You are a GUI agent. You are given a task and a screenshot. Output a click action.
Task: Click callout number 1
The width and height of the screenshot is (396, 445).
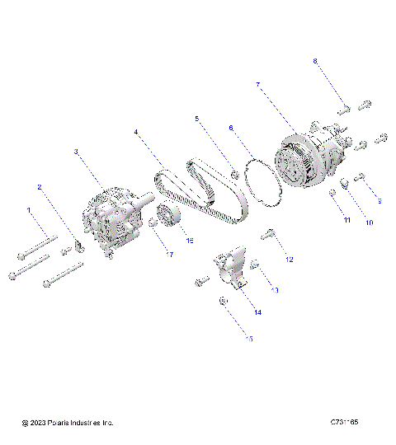click(29, 211)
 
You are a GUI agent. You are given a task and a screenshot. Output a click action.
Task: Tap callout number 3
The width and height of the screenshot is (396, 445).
click(76, 152)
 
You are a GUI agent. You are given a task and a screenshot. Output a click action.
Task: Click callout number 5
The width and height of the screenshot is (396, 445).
click(197, 119)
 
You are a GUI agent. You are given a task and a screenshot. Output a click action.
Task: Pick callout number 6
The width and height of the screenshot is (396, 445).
click(231, 128)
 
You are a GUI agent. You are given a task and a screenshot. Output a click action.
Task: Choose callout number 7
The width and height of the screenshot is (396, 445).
click(258, 85)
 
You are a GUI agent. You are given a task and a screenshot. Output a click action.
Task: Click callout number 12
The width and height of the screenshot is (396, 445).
click(289, 260)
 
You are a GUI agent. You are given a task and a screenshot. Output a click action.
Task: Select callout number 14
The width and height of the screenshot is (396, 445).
click(257, 312)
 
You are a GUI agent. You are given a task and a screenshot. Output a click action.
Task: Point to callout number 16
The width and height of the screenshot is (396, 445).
click(189, 241)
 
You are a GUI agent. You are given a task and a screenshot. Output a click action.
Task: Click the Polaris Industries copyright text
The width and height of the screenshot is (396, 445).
click(68, 423)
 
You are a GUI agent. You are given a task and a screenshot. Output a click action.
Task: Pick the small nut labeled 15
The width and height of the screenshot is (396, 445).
click(224, 303)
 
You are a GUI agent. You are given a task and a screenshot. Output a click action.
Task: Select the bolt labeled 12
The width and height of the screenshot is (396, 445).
click(268, 235)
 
